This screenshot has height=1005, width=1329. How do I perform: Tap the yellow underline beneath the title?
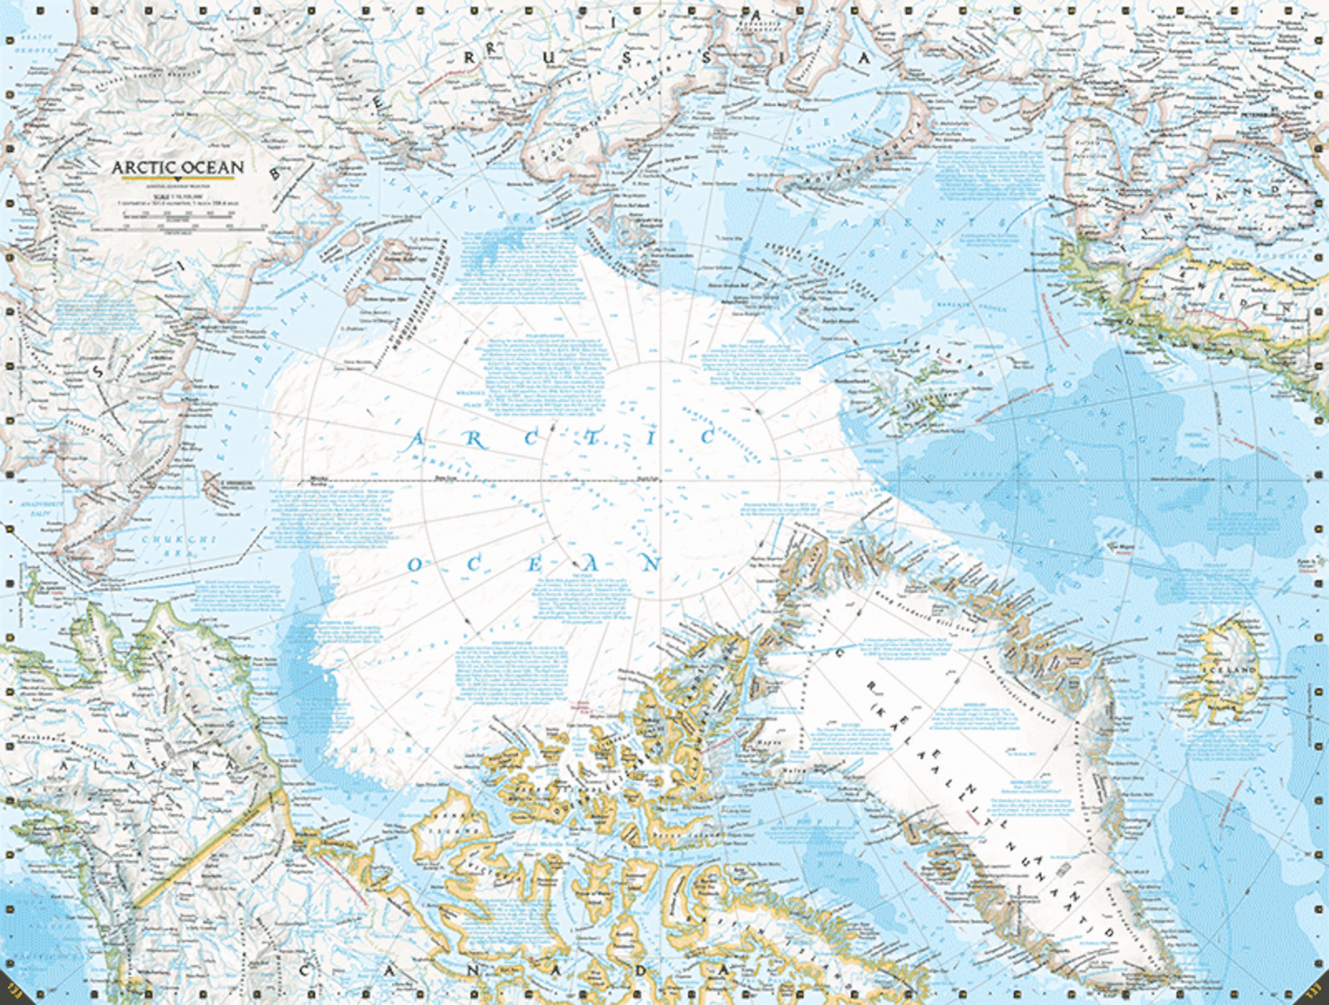click(x=178, y=178)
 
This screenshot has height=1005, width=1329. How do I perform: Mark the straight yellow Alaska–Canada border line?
click(x=204, y=847)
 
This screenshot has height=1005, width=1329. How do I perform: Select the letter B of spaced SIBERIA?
click(x=275, y=174)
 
